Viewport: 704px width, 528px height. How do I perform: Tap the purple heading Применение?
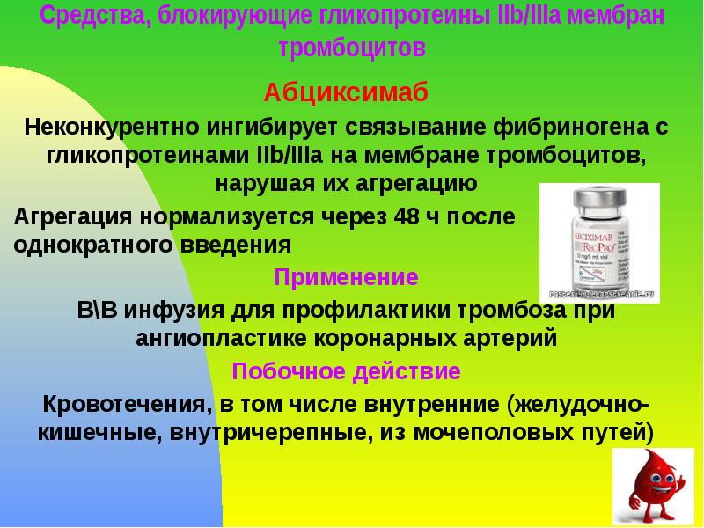pyautogui.click(x=346, y=277)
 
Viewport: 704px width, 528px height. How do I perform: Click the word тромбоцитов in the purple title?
pyautogui.click(x=352, y=48)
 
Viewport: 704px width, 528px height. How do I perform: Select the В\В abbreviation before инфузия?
pyautogui.click(x=98, y=309)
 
